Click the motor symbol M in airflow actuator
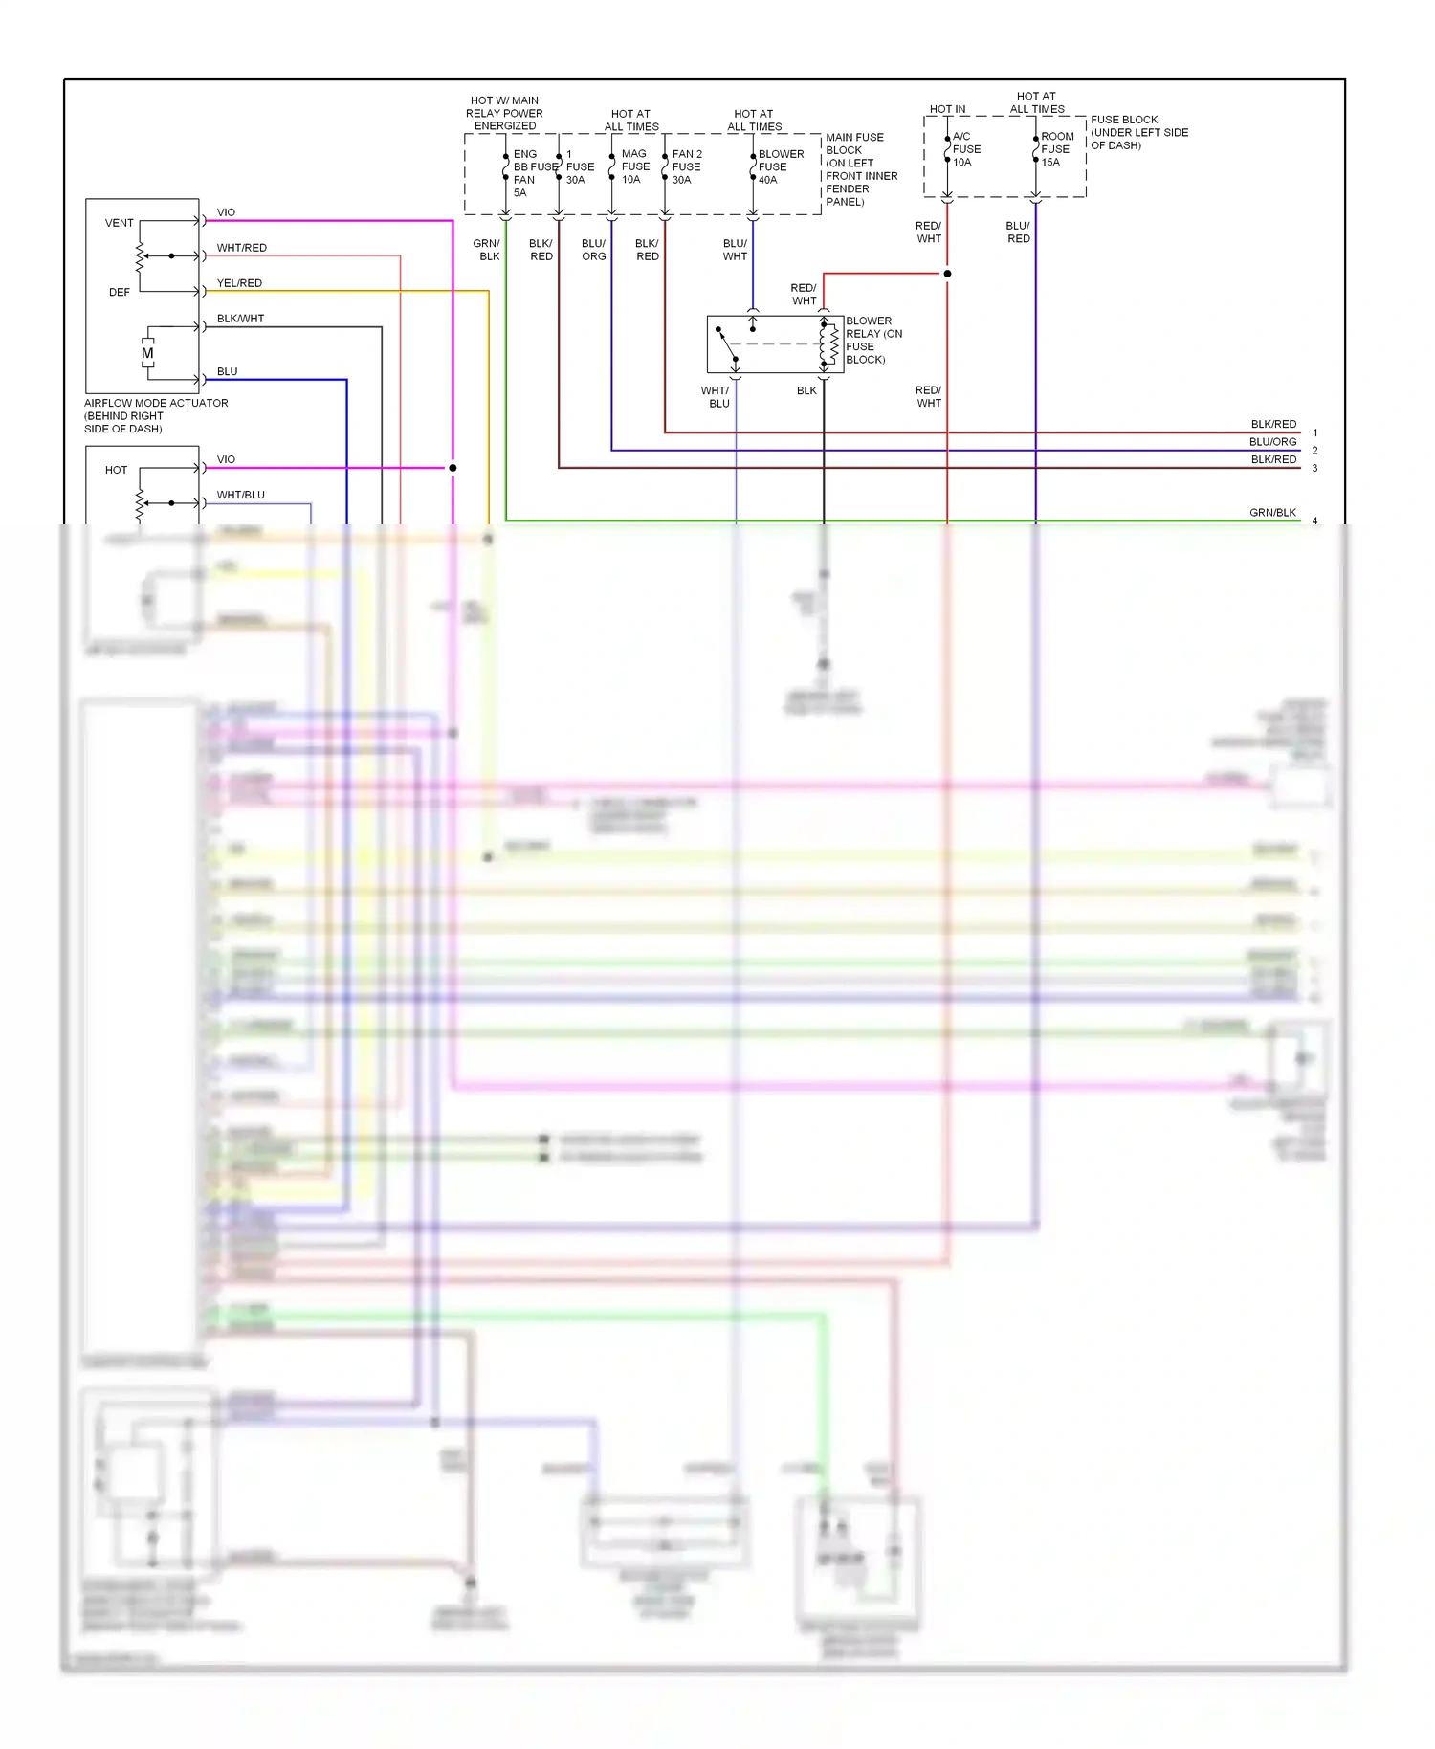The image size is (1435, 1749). click(147, 353)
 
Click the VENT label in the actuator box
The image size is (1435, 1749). click(120, 223)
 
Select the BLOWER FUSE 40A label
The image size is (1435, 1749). click(780, 166)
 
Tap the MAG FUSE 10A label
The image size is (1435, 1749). click(634, 166)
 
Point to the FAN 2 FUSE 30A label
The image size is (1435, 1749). click(686, 166)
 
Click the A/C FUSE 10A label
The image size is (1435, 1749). click(965, 149)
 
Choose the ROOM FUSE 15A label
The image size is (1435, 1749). click(1056, 149)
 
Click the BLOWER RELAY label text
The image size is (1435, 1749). click(872, 340)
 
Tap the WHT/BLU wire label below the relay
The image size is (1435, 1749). click(716, 396)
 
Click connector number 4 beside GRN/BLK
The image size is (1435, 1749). click(1314, 520)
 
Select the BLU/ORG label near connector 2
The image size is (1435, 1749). click(1272, 442)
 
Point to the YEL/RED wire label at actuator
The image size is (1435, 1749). click(239, 283)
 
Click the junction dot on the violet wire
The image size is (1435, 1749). click(453, 468)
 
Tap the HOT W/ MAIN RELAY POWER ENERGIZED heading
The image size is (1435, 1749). click(504, 113)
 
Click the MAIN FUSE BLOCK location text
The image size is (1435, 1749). click(860, 169)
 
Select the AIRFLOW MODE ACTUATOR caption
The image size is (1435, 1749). click(156, 415)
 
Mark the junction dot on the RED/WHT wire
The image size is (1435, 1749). click(947, 274)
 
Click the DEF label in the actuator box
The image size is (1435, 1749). click(120, 292)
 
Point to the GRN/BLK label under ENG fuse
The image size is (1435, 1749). click(487, 250)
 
